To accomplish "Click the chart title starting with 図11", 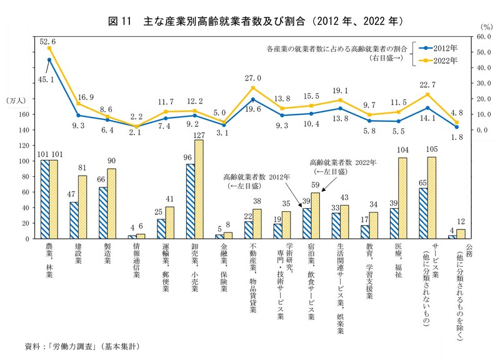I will (x=256, y=21).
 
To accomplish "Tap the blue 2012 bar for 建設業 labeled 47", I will (x=74, y=220).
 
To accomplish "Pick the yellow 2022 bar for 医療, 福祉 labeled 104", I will (x=402, y=198).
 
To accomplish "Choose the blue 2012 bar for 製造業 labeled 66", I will (x=103, y=212).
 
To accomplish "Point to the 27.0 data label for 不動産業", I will (x=252, y=79).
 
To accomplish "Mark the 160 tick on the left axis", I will (x=24, y=114).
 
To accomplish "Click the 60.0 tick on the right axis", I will (x=476, y=37).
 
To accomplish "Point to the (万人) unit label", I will (x=16, y=100).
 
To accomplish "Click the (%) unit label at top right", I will (x=487, y=27).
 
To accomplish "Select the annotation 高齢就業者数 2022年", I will (x=342, y=162).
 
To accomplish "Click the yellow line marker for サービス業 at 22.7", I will (x=427, y=94).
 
